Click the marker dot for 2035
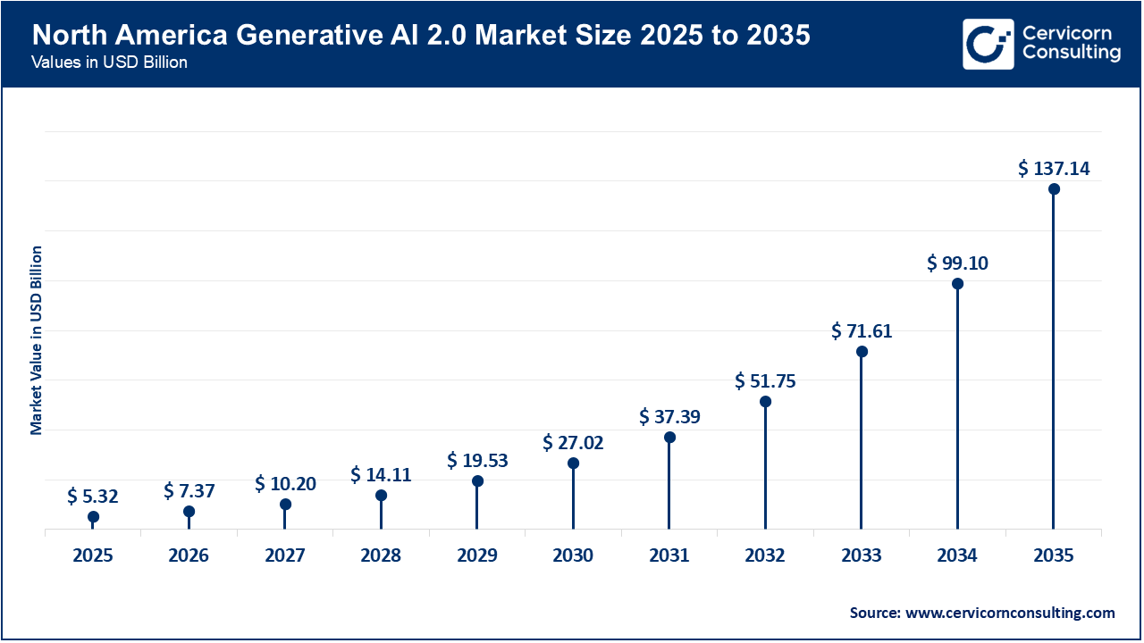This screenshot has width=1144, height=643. [1054, 189]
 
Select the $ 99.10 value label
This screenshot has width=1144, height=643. [957, 263]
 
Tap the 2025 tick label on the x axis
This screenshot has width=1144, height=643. [93, 555]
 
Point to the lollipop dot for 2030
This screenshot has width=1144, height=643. [573, 463]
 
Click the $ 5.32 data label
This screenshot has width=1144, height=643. [93, 496]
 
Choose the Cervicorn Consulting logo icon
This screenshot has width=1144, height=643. [988, 44]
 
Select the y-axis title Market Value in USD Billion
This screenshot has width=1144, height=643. [37, 339]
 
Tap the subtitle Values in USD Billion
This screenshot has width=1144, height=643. [109, 63]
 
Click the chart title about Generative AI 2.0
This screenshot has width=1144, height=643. [421, 36]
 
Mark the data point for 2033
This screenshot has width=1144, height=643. [862, 352]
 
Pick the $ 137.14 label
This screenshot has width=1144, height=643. [1054, 168]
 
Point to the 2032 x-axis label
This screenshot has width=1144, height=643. [765, 555]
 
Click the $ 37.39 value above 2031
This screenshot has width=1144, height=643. [669, 416]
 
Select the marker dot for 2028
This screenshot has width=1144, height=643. [381, 496]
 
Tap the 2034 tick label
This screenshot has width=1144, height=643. [957, 555]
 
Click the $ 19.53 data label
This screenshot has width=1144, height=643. [477, 460]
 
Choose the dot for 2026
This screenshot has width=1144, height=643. [189, 512]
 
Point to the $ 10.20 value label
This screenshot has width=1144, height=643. [285, 483]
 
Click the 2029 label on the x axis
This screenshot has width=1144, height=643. [477, 555]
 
